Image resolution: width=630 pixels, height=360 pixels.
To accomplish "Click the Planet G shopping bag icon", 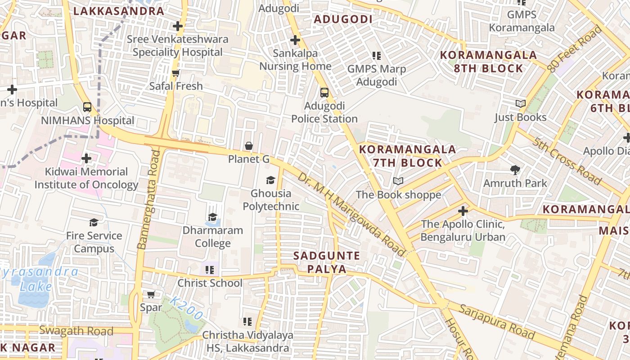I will (248, 146).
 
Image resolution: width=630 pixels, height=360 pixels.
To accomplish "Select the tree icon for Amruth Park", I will (515, 170).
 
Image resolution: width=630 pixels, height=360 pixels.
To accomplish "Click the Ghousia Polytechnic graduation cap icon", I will (270, 180).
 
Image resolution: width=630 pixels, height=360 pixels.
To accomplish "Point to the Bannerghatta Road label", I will (148, 200).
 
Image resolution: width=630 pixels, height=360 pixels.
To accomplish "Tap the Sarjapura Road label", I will (497, 322).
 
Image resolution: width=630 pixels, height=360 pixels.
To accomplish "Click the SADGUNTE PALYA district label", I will (327, 262).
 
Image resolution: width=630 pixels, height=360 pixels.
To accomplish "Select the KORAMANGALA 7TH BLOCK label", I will (408, 156).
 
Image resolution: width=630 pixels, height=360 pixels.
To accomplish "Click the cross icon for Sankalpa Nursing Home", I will (295, 40).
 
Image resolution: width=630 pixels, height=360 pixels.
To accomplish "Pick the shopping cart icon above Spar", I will (151, 295).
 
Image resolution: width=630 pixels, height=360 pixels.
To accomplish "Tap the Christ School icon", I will (209, 270).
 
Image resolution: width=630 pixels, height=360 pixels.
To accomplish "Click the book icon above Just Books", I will (521, 104).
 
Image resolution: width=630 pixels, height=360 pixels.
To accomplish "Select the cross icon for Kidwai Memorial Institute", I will (86, 158).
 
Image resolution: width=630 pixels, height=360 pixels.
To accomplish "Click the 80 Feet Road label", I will (575, 49).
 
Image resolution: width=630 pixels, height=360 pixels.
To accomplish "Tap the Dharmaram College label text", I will (212, 237).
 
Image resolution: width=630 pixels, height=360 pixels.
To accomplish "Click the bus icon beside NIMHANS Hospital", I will (87, 107).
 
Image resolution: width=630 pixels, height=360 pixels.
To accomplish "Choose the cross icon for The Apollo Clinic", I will (463, 211).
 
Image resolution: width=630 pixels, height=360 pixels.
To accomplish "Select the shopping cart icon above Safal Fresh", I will (176, 72).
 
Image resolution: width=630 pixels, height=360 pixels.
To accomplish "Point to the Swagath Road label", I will (76, 331).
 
